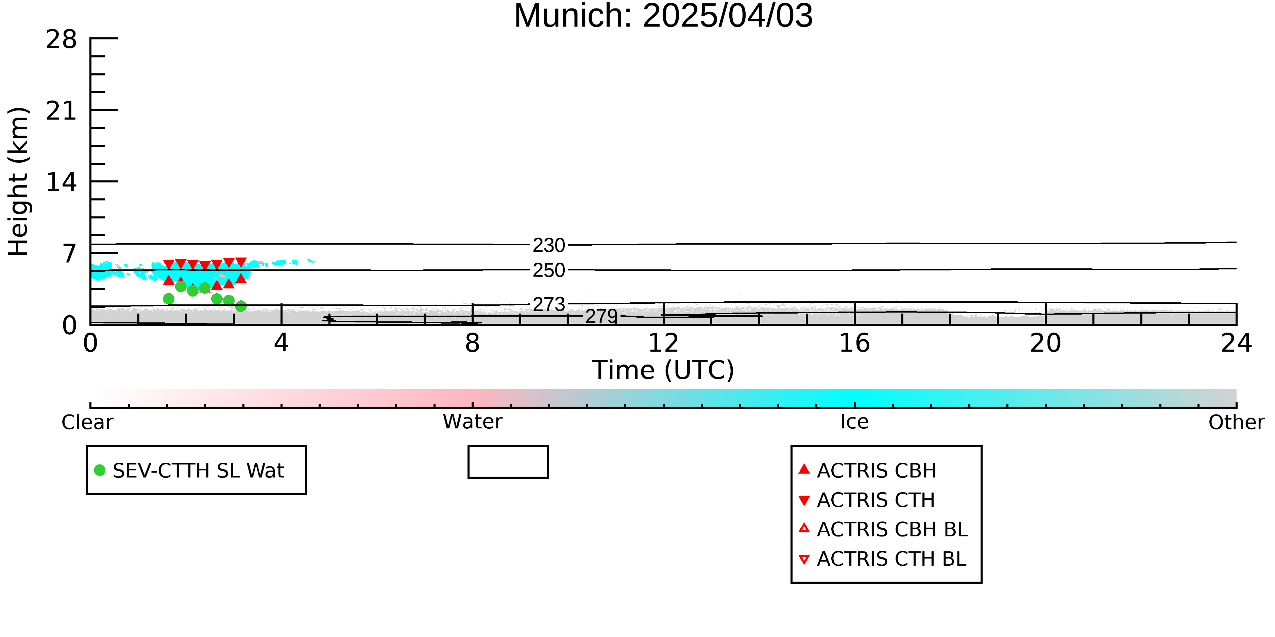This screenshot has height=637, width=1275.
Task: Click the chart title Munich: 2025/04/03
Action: [x=663, y=16]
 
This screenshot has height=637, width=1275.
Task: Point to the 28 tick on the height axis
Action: [x=62, y=39]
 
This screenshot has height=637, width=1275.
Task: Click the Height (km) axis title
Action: [x=18, y=181]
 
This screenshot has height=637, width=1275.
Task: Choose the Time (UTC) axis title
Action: [x=663, y=370]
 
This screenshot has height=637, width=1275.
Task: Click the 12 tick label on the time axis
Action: [x=663, y=343]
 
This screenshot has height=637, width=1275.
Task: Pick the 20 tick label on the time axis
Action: [x=1045, y=343]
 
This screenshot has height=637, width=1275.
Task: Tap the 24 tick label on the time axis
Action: [x=1236, y=343]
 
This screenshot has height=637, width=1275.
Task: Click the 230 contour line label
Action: [x=549, y=245]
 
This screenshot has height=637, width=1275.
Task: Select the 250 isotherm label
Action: [x=549, y=270]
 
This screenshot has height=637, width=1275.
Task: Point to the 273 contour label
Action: [x=549, y=304]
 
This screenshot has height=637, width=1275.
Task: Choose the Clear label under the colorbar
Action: [x=87, y=422]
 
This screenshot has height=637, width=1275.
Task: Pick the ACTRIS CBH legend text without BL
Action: [x=877, y=471]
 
